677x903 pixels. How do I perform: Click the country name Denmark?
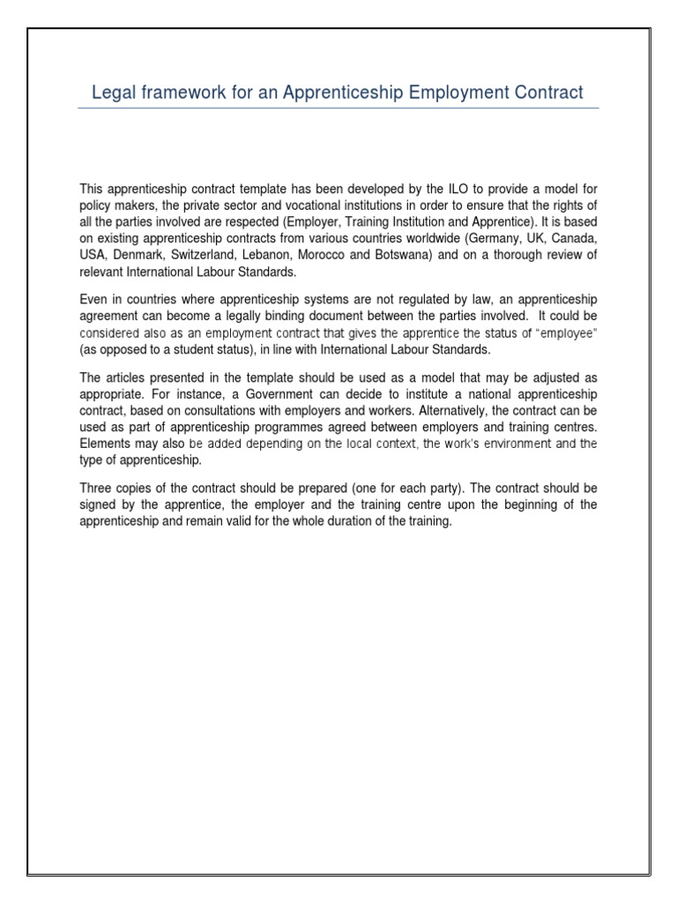click(137, 256)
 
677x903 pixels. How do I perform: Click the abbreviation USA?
click(93, 256)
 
